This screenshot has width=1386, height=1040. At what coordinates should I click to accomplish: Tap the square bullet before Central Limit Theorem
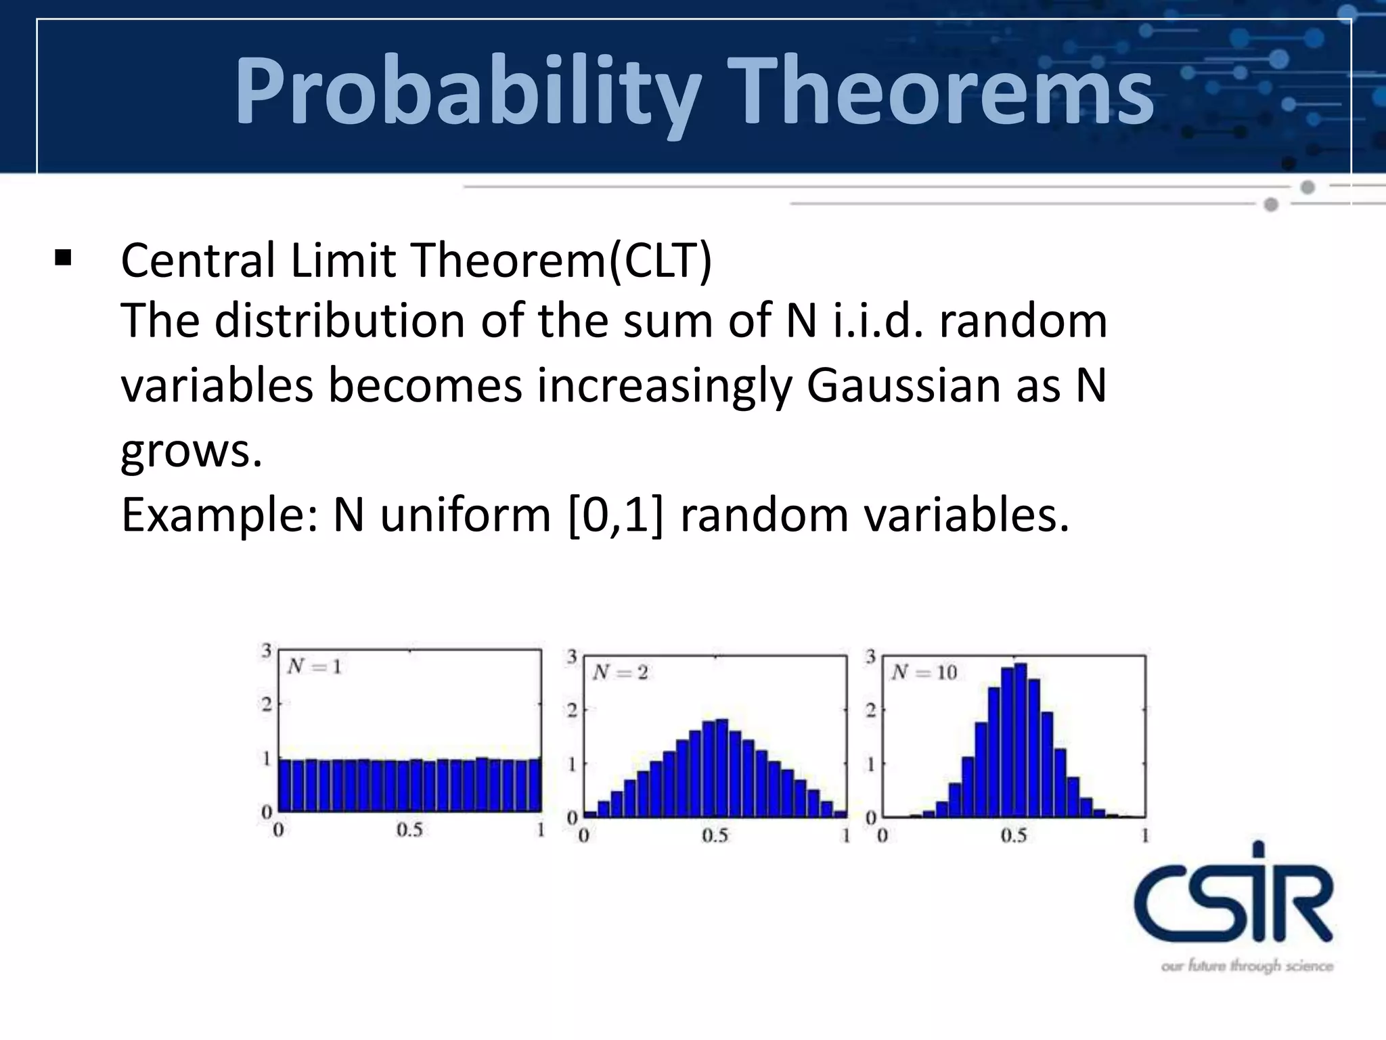[x=63, y=259]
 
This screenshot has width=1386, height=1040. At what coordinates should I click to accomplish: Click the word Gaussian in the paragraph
[x=902, y=386]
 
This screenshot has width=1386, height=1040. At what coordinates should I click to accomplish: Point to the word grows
[x=191, y=451]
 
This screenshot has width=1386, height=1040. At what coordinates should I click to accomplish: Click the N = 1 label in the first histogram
[x=314, y=667]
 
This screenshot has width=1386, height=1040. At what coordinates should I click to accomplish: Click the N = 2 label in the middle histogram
[x=620, y=672]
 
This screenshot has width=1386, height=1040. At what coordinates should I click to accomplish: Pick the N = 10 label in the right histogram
[x=924, y=672]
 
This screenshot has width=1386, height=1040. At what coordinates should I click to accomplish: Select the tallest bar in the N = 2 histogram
[x=721, y=768]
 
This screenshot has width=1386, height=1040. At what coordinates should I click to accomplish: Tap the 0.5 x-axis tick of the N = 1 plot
[x=409, y=830]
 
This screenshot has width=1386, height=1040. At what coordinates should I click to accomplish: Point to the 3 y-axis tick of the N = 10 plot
[x=870, y=656]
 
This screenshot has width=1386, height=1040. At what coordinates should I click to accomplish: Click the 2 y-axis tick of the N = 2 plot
[x=572, y=710]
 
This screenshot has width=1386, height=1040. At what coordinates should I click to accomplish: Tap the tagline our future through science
[x=1247, y=966]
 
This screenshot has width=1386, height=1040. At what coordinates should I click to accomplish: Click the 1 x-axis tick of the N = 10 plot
[x=1145, y=836]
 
